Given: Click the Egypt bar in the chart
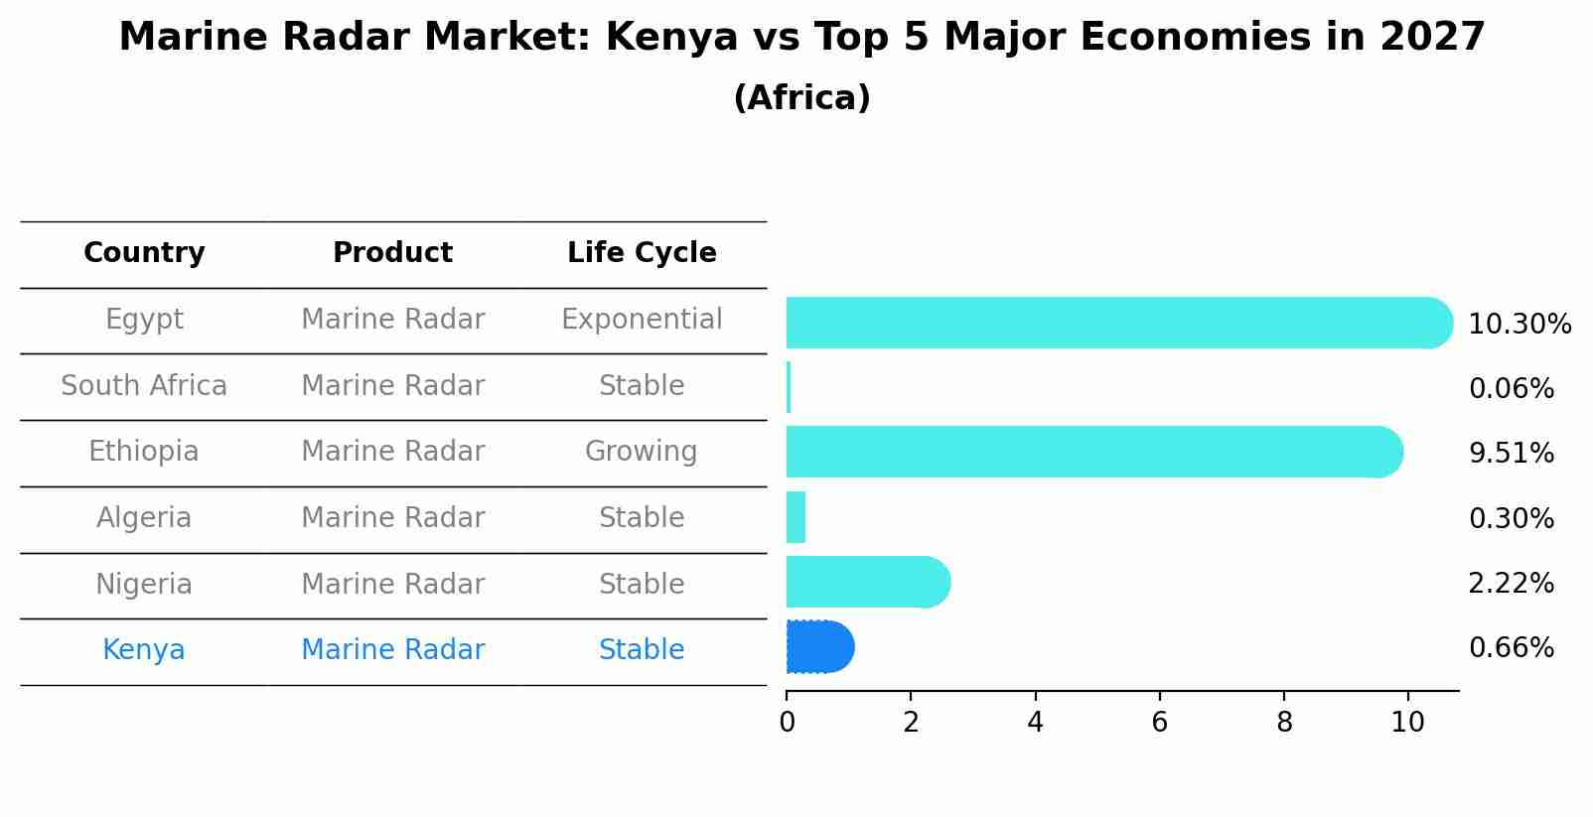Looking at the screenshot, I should [x=1112, y=323].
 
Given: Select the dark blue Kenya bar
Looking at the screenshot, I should [x=819, y=647].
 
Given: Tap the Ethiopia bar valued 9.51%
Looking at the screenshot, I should [x=1092, y=452].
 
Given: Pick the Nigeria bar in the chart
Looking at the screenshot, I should [x=864, y=582].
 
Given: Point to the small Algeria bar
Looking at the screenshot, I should [x=796, y=517].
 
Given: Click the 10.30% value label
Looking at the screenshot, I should [x=1519, y=325].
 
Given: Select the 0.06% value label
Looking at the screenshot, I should [x=1511, y=389].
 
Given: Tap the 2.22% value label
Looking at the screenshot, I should [x=1511, y=583].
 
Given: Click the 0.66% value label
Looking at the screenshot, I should [x=1511, y=648].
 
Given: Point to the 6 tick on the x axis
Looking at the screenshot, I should [x=1159, y=723].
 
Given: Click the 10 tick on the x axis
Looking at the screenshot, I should [x=1407, y=723].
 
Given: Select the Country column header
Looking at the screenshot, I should [x=144, y=253].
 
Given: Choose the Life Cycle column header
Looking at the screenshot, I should [x=642, y=253].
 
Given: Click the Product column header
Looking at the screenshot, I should [x=392, y=253].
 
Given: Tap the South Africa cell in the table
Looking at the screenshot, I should [x=144, y=386].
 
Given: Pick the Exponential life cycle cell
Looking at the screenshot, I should [x=642, y=320].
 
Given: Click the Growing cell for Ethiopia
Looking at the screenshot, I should [x=642, y=452].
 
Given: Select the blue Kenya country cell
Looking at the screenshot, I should [x=144, y=650].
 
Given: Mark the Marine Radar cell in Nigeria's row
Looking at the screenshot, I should [x=392, y=584].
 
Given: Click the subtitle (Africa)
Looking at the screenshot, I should [x=801, y=98].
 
